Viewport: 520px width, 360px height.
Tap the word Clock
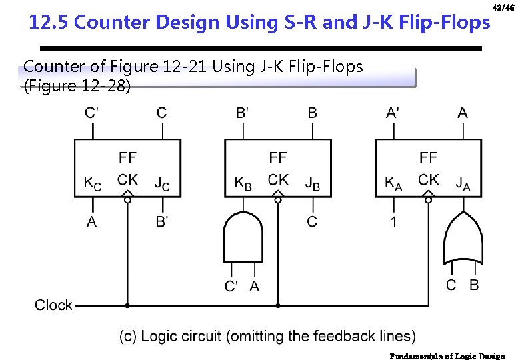point(53,305)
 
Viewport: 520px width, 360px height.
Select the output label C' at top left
point(92,112)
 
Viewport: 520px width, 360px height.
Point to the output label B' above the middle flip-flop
point(243,112)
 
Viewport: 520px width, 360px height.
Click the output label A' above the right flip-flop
point(393,112)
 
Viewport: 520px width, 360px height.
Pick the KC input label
point(93,182)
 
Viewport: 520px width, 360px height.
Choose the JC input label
point(162,182)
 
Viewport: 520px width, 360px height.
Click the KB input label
point(243,182)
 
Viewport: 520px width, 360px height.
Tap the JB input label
point(312,182)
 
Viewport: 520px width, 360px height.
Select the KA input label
point(393,182)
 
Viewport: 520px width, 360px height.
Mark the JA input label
point(463,182)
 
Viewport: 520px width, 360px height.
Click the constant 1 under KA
point(393,221)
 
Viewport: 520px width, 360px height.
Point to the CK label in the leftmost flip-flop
point(127,179)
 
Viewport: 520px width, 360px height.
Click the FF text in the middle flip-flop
point(278,157)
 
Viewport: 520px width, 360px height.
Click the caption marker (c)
point(128,336)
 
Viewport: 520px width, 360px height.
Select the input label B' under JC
point(162,221)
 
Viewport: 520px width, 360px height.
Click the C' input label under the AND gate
point(231,287)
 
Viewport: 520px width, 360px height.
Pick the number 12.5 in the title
point(49,23)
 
